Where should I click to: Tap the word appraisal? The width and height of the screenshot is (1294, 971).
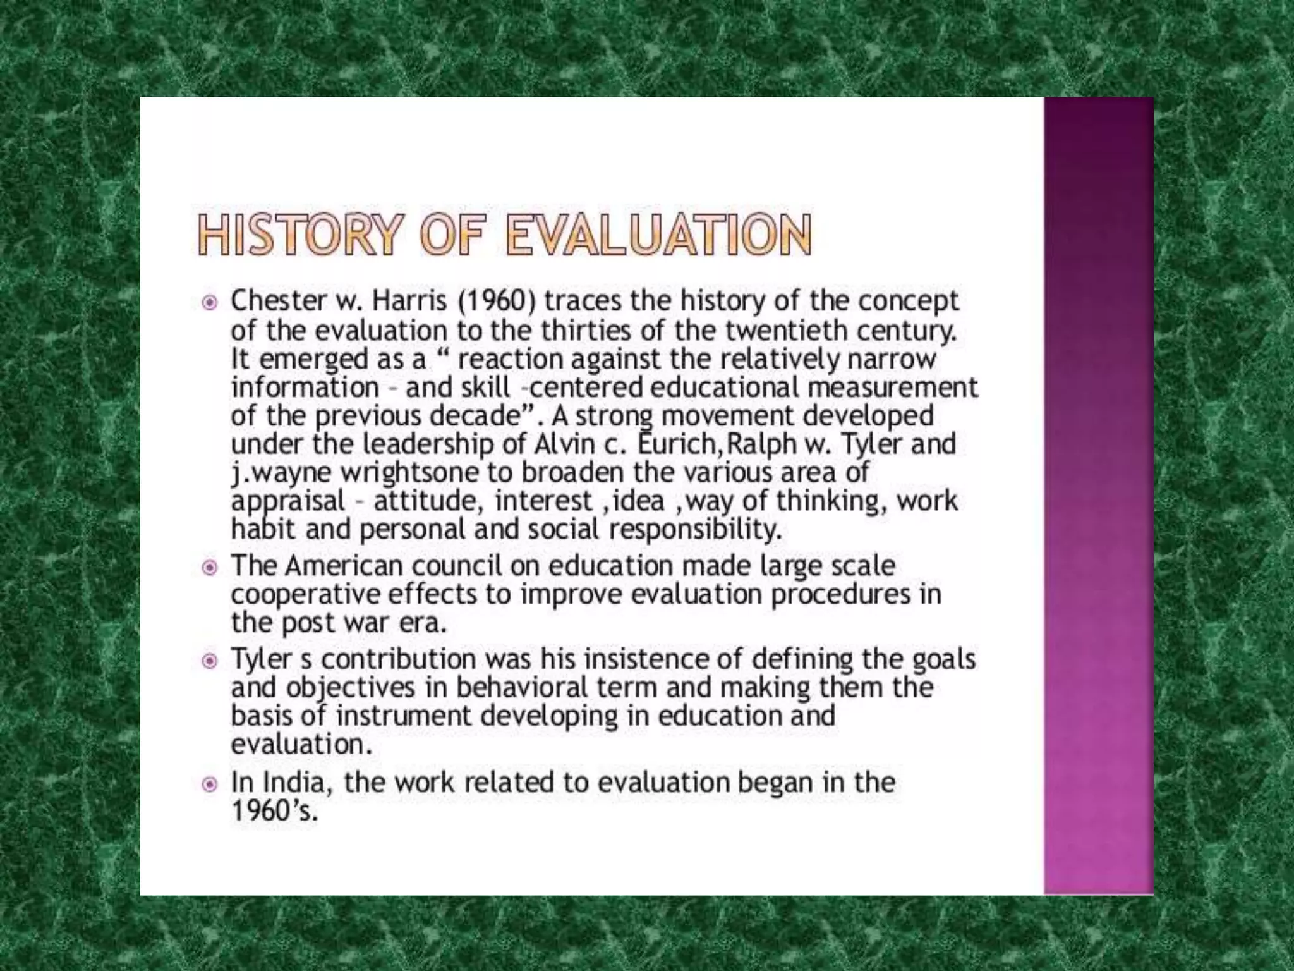(x=288, y=502)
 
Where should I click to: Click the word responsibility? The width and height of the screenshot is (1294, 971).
(x=696, y=529)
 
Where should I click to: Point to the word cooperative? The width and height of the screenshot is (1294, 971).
(x=305, y=595)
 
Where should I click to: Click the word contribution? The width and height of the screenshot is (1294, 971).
(x=399, y=659)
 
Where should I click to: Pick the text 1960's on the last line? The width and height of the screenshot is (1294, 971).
(x=273, y=810)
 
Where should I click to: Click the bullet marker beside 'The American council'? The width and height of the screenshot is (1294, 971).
(x=209, y=567)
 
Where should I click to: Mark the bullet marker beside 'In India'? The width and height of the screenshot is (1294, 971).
(x=209, y=785)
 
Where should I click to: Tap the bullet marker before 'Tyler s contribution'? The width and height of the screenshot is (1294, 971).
(x=209, y=661)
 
